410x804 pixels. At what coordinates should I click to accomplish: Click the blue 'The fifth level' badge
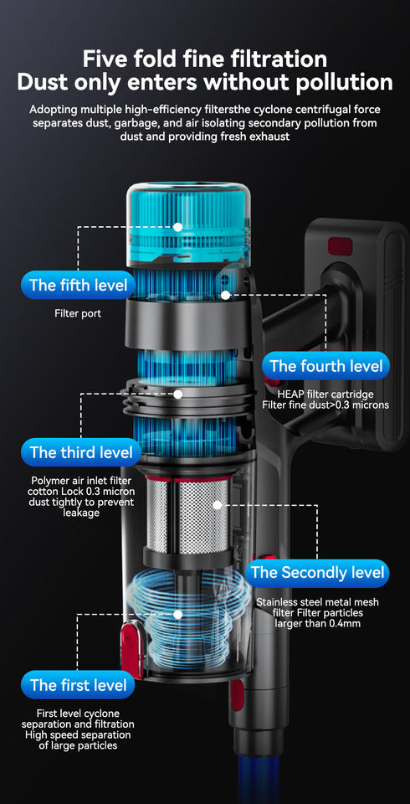(x=78, y=285)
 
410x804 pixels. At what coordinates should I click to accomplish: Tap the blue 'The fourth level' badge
(x=326, y=366)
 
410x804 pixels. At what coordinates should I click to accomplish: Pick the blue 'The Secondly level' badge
(x=317, y=573)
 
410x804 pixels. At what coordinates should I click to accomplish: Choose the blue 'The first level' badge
(x=78, y=684)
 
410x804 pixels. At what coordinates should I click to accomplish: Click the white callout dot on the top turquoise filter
(x=178, y=227)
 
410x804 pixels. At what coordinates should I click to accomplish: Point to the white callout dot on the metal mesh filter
(x=218, y=505)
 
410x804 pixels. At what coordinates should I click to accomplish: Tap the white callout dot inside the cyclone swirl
(x=178, y=614)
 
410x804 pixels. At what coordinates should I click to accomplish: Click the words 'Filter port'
(x=78, y=313)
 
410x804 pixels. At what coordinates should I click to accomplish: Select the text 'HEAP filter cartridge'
(x=325, y=394)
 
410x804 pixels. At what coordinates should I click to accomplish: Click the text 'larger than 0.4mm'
(x=318, y=623)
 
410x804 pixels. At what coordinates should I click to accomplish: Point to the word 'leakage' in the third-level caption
(x=81, y=513)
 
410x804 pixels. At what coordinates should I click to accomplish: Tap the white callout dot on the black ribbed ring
(x=178, y=394)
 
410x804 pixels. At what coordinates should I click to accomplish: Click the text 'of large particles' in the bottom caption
(x=78, y=745)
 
